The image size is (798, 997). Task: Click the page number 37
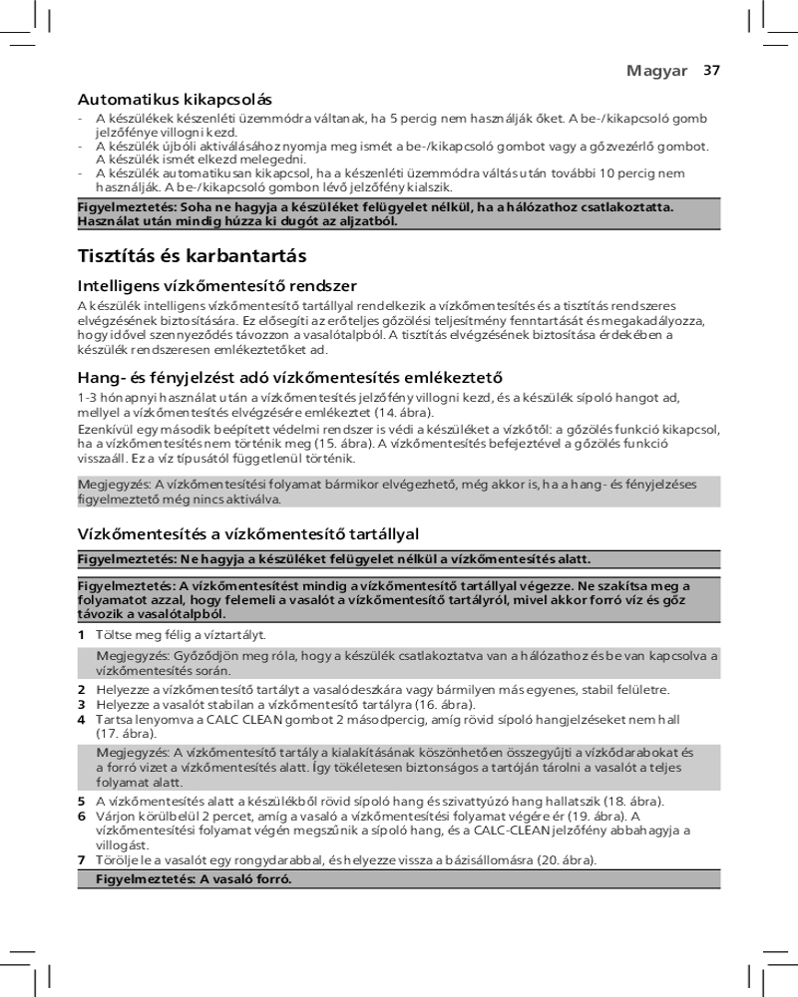tap(711, 71)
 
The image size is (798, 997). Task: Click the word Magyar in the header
tap(656, 71)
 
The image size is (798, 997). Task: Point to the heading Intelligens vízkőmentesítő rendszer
tap(217, 287)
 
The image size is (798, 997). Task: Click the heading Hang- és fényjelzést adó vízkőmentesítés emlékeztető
tap(289, 377)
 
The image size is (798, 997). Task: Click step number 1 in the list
tap(82, 635)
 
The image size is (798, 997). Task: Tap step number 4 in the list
tap(82, 719)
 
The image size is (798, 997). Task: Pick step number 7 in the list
tap(82, 859)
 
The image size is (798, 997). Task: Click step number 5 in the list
tap(82, 802)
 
